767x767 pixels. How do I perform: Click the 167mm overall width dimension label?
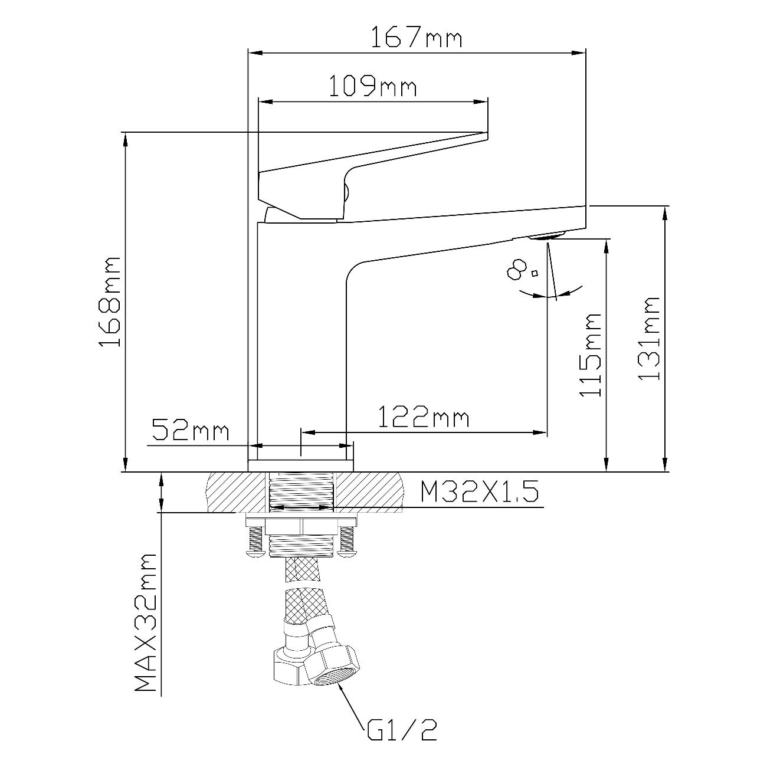417,37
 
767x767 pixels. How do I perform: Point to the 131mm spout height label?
649,338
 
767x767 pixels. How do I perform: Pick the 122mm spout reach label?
424,417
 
